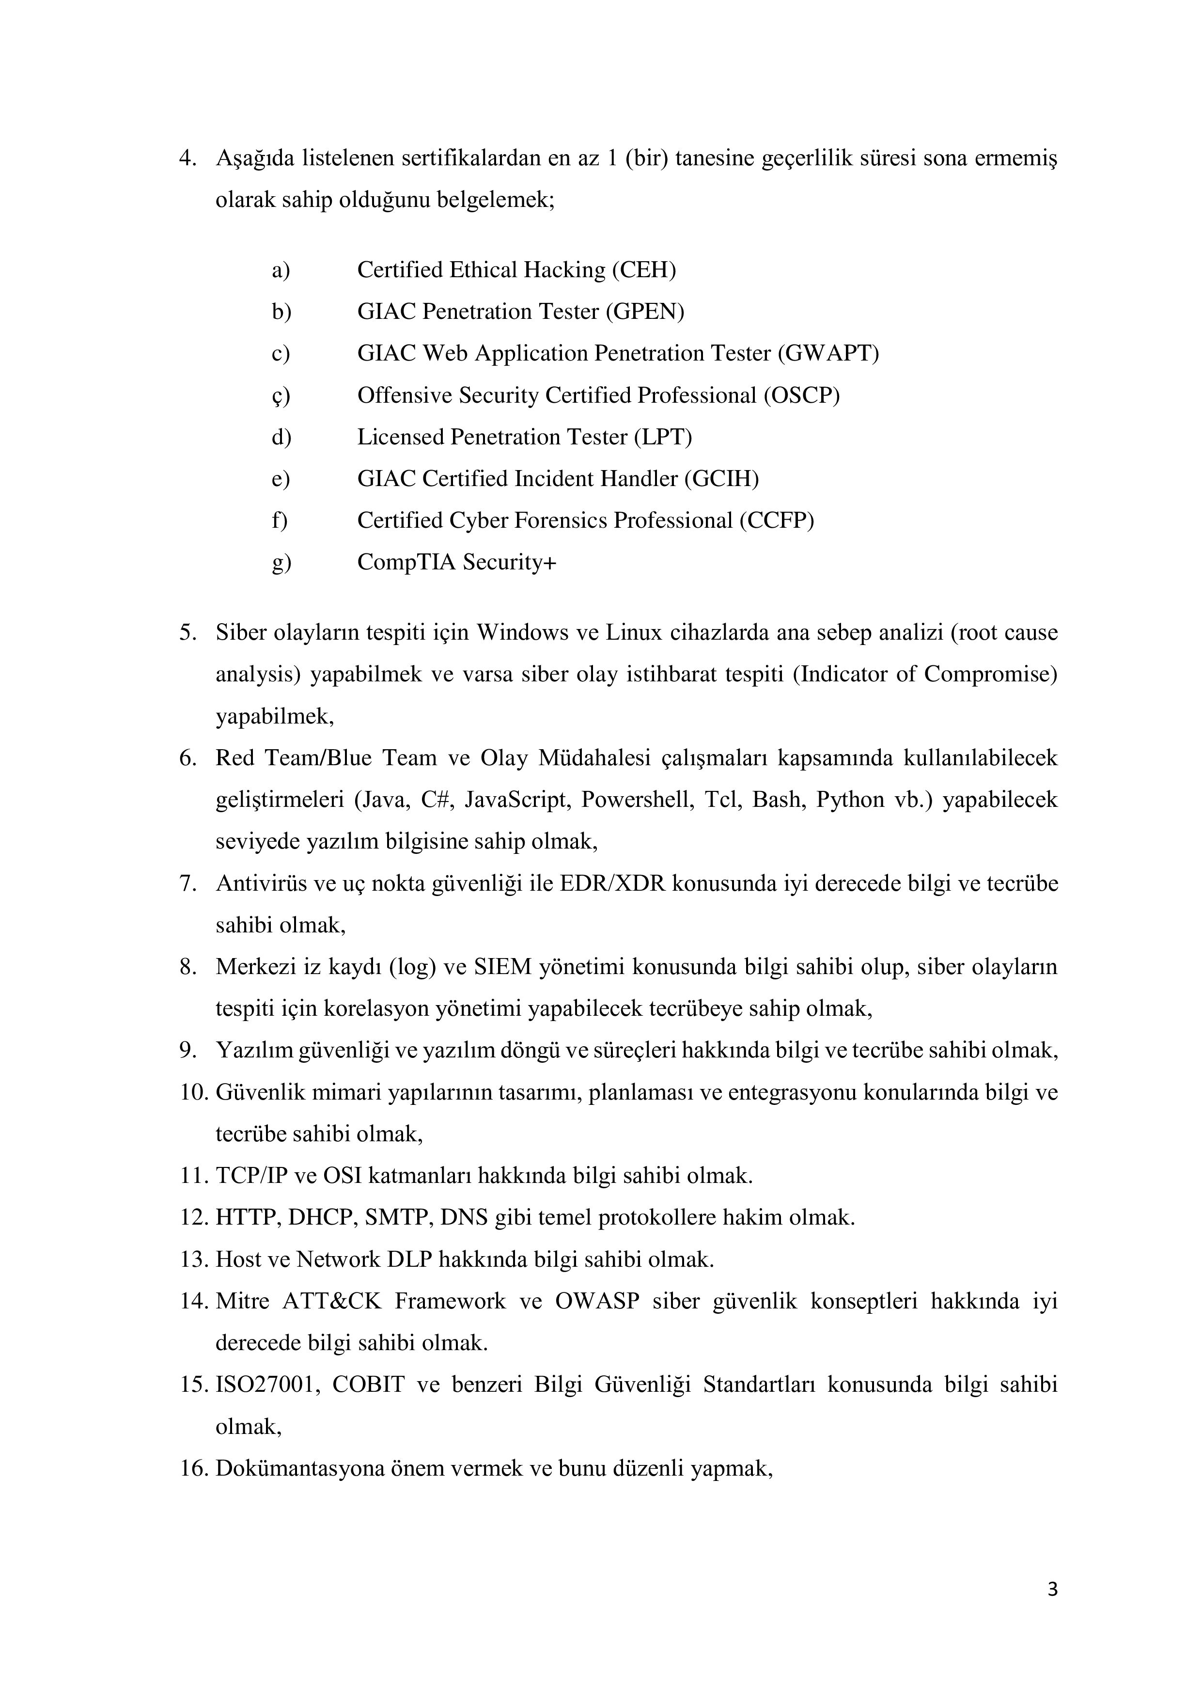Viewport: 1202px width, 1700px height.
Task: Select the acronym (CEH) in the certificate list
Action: [x=644, y=270]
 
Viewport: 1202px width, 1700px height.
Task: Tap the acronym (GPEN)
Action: [x=645, y=312]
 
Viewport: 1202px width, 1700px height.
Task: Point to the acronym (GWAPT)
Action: [x=828, y=353]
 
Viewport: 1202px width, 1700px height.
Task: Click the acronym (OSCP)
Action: [x=802, y=395]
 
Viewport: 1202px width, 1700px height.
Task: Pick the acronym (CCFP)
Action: [x=777, y=520]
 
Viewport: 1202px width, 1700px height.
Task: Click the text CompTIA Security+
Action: [x=457, y=563]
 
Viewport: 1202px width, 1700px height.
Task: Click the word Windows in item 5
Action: [x=519, y=633]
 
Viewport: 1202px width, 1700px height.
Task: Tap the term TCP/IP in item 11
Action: [x=249, y=1176]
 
